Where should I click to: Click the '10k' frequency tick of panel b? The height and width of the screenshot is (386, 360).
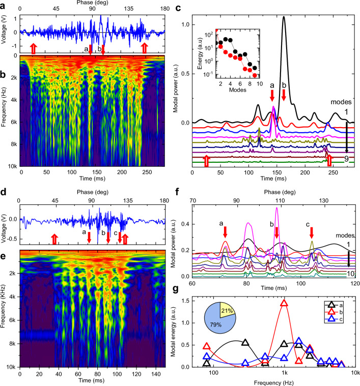click(x=11, y=165)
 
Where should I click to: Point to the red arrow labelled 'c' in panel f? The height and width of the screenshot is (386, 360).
click(x=312, y=232)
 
